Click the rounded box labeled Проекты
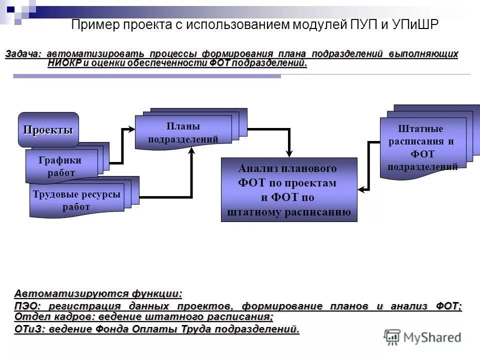48,130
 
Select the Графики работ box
61,166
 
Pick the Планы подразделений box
183,132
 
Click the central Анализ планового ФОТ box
289,190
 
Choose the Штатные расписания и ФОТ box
422,148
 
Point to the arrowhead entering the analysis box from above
289,152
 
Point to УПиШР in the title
415,25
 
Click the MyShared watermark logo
423,337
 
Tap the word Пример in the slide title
92,25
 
